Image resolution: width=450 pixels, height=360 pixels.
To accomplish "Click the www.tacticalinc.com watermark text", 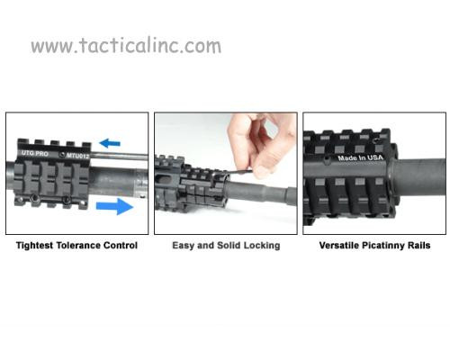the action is [126, 46].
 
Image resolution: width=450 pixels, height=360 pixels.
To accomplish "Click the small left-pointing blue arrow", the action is [110, 143].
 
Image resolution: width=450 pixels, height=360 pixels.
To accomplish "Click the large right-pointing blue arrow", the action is [115, 206].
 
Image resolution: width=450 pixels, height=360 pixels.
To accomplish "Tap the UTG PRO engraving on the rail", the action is [35, 153].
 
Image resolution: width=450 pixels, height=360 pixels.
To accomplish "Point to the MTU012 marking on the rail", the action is [77, 156].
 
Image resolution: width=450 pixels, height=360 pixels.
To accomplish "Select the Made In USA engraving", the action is [361, 157].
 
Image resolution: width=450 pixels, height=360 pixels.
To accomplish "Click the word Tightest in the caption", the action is [35, 246].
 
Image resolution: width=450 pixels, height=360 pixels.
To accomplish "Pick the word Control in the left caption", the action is [121, 245].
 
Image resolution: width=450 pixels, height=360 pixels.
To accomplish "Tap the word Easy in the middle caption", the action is [183, 246].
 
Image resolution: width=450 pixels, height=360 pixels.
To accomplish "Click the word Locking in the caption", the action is [262, 246].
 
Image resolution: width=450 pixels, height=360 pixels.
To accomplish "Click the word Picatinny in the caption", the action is [383, 246].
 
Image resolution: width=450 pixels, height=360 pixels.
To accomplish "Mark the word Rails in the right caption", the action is [418, 245].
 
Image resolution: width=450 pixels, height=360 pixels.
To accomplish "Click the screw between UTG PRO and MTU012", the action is [62, 155].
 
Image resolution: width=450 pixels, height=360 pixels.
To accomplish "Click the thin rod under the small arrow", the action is [119, 156].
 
